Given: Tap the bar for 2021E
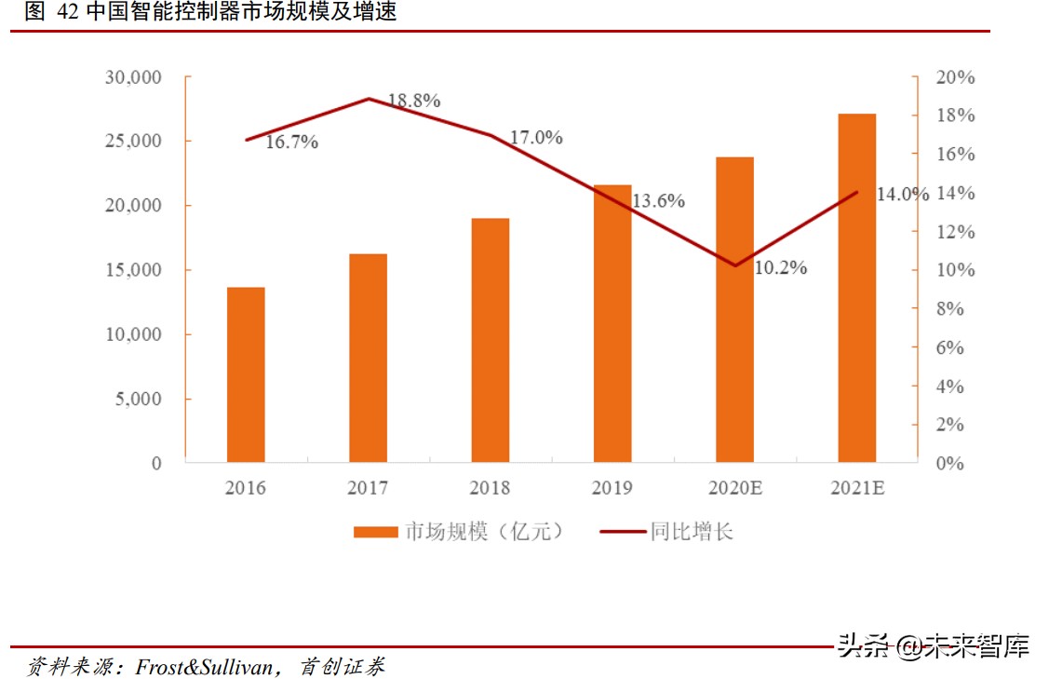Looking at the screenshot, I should [x=857, y=288].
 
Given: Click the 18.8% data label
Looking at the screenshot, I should [x=414, y=101].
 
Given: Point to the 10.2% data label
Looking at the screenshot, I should [x=780, y=268].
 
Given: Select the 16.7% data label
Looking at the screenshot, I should [x=292, y=143].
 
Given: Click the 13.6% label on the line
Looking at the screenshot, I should [x=658, y=200].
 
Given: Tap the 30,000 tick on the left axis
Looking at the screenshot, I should [x=133, y=76].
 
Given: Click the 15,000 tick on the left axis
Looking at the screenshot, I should [x=133, y=270].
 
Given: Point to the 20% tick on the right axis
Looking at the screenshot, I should [x=954, y=77].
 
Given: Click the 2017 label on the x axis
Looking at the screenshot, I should [x=368, y=488].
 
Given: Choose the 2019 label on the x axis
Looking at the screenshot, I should [x=612, y=488].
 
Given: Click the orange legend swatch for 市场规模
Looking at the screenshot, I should [x=375, y=532].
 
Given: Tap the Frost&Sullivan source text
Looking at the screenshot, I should [x=206, y=667].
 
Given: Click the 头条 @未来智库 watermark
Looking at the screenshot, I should [x=932, y=646].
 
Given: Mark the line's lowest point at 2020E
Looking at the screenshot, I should [x=735, y=265].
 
